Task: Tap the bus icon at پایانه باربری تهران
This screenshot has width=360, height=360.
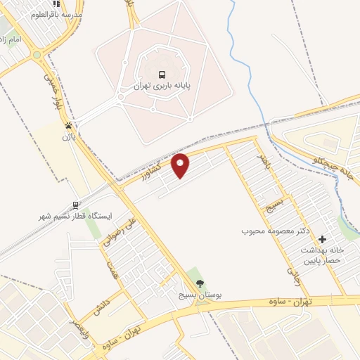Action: pos(162,75)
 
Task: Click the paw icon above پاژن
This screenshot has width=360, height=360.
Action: pos(69,127)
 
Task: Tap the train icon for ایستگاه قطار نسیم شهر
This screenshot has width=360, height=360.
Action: pos(75,206)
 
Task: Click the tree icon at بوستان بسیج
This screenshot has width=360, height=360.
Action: pos(201,283)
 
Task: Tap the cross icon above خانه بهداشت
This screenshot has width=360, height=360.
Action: pos(323,240)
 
